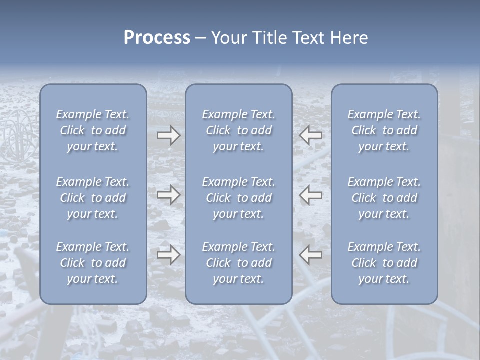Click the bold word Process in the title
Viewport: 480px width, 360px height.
pyautogui.click(x=157, y=38)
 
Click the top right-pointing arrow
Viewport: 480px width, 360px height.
pyautogui.click(x=168, y=135)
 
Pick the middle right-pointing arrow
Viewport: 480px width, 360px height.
pyautogui.click(x=168, y=195)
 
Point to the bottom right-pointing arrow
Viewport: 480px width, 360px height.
pyautogui.click(x=168, y=255)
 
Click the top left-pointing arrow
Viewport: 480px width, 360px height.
pyautogui.click(x=311, y=135)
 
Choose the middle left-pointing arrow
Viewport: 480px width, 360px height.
pyautogui.click(x=311, y=195)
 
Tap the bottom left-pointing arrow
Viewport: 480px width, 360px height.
pyautogui.click(x=311, y=255)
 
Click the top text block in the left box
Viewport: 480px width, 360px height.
pyautogui.click(x=93, y=130)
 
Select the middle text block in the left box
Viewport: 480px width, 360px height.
pyautogui.click(x=93, y=198)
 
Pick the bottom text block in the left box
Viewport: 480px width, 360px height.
pyautogui.click(x=93, y=263)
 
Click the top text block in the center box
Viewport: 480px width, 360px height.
pyautogui.click(x=239, y=130)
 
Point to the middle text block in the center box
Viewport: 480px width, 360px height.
pyautogui.click(x=239, y=198)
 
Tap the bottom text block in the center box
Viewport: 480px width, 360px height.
pyautogui.click(x=239, y=263)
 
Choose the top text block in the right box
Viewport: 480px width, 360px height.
pyautogui.click(x=384, y=130)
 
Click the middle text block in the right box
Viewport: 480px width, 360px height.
pyautogui.click(x=384, y=198)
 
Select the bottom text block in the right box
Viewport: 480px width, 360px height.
pyautogui.click(x=384, y=263)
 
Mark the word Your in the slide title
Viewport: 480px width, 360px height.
pyautogui.click(x=229, y=38)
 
